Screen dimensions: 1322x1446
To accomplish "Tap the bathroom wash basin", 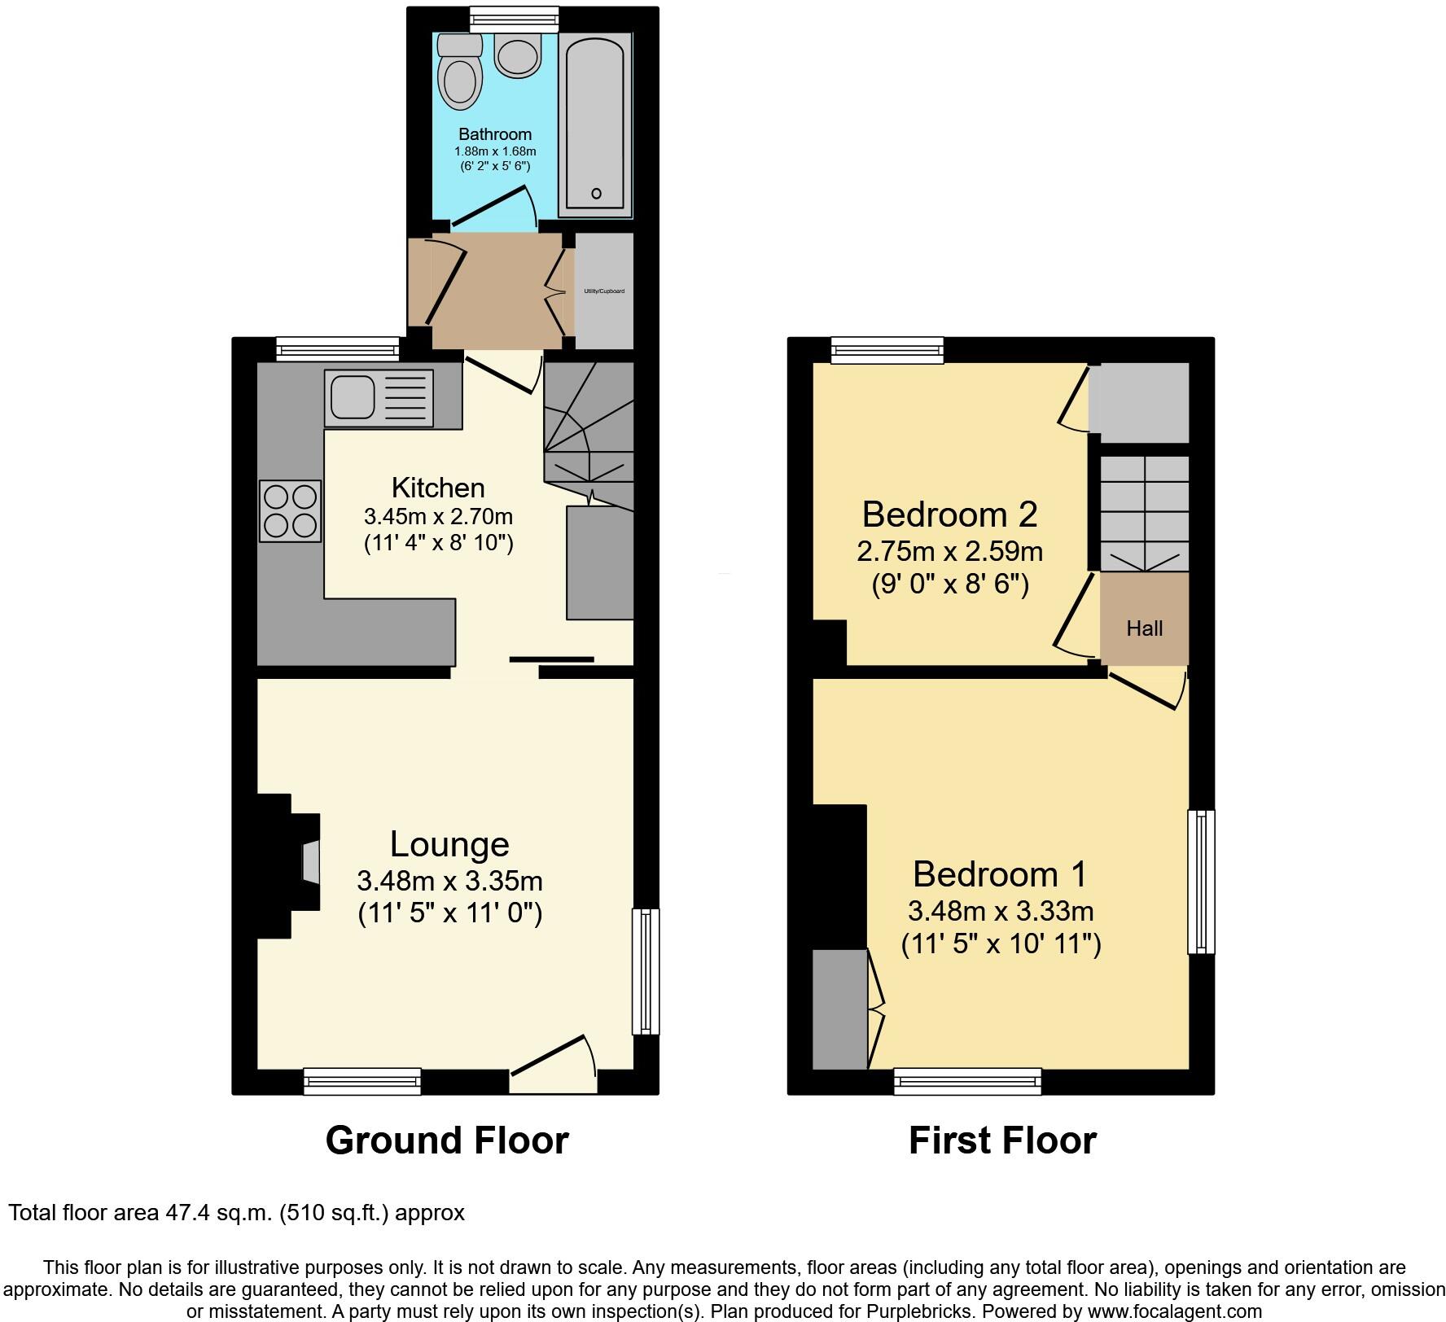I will point(518,55).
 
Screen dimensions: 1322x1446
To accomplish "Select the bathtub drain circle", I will point(596,193).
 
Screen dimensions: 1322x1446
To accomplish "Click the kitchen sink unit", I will point(379,397).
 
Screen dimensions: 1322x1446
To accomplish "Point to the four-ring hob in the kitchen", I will point(290,511).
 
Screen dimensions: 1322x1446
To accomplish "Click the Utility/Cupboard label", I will point(604,291).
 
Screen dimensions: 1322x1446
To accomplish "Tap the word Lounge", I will point(449,844).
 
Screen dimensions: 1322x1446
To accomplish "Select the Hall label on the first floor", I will point(1144,628).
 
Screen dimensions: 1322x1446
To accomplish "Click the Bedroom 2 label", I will point(949,514).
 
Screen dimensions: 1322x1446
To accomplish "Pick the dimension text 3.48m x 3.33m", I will point(1001,910).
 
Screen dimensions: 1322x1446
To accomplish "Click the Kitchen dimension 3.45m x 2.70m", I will point(438,516).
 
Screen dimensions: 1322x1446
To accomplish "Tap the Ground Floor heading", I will point(446,1140).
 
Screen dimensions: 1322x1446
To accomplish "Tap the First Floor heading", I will point(1002,1140).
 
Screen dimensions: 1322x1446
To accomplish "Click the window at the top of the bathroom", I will point(515,18).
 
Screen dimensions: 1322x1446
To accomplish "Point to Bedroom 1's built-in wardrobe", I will point(839,1009).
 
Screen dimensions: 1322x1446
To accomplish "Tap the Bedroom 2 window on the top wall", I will point(887,350).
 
